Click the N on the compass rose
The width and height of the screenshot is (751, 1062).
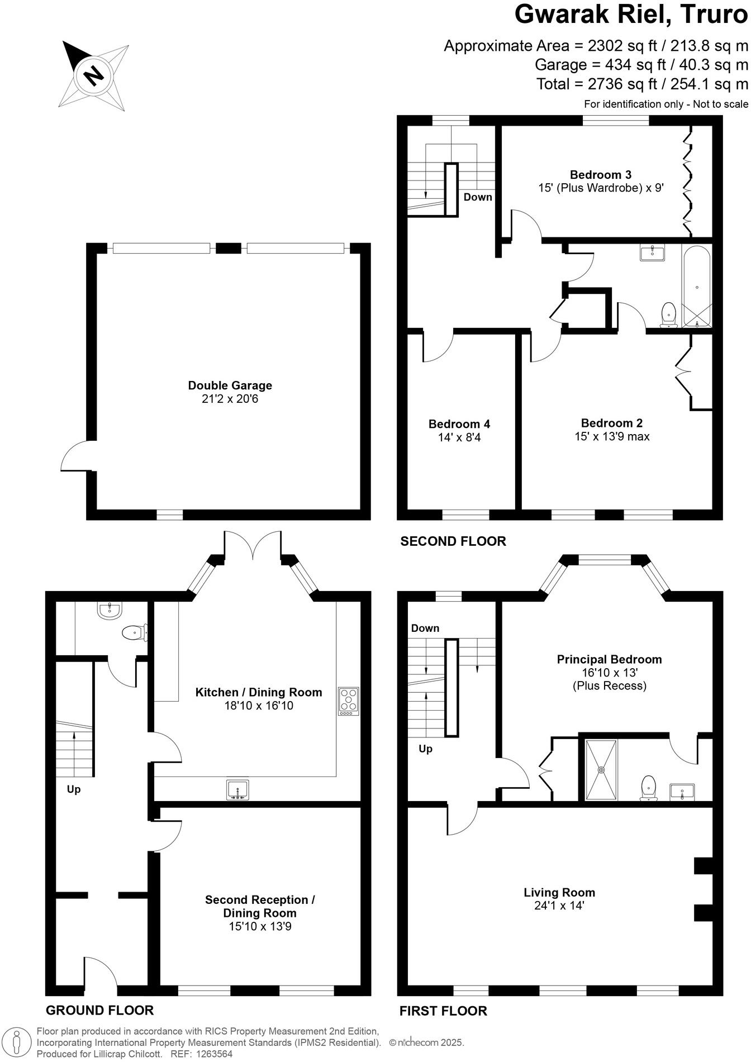[x=93, y=74]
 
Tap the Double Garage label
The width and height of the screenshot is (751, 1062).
[x=230, y=385]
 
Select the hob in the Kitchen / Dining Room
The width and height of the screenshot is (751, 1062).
[x=349, y=701]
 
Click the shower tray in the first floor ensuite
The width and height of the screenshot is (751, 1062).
[x=601, y=770]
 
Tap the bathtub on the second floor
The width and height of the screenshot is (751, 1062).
[x=696, y=287]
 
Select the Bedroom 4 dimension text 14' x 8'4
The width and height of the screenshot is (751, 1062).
[x=459, y=437]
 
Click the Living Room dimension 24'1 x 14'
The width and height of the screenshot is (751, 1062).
[x=559, y=906]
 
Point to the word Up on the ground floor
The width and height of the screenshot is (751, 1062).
[x=74, y=789]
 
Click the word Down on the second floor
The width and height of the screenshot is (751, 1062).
[x=478, y=197]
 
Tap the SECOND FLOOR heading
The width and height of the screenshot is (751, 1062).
[x=453, y=541]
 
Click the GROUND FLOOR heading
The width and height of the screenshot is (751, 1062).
[x=99, y=1010]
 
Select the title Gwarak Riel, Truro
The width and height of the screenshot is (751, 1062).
[x=631, y=15]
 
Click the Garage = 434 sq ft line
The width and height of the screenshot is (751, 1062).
[x=641, y=65]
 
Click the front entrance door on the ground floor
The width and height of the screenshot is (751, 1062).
[x=101, y=975]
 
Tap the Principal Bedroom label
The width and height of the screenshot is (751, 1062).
[x=609, y=659]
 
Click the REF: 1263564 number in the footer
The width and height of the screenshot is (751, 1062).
[x=199, y=1054]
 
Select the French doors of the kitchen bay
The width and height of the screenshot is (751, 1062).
[x=253, y=545]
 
